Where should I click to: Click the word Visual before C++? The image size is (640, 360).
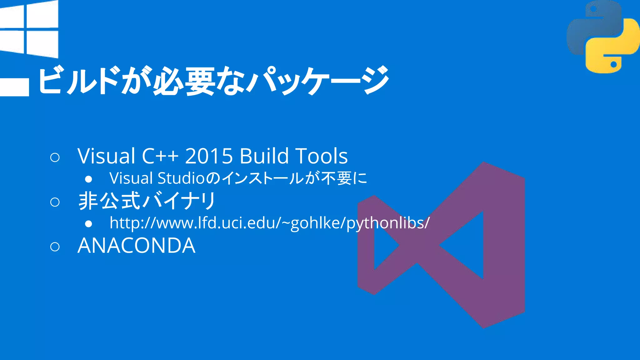[106, 156]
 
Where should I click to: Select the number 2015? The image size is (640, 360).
[209, 156]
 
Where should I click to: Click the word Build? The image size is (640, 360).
[264, 156]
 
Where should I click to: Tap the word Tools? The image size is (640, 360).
[322, 156]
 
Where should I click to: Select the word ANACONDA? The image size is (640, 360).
[137, 246]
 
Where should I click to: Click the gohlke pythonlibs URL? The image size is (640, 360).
[269, 223]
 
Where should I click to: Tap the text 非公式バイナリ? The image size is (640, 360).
[147, 201]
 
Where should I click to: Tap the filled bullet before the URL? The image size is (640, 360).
[88, 224]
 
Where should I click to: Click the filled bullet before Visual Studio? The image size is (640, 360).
[88, 179]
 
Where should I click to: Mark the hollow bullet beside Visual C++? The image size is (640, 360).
[55, 157]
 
